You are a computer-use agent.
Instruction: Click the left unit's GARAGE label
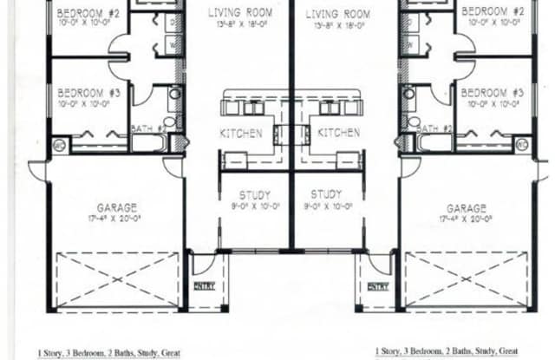coord(117,208)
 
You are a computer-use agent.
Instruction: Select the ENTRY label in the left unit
coord(205,285)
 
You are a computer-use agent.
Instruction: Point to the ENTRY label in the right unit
coord(377,285)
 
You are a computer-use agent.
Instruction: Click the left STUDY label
coord(254,195)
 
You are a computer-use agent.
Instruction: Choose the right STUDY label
coord(327,195)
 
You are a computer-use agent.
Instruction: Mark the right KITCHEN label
coord(338,134)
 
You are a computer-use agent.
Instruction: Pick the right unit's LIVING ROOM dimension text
coord(338,27)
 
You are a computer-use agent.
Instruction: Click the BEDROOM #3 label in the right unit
coord(492,93)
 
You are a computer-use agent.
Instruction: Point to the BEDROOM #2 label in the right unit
coord(492,11)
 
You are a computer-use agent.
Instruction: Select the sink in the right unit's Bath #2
coord(408,95)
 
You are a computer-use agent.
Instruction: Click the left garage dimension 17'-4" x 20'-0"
coord(117,220)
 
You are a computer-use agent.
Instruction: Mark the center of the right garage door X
coord(467,278)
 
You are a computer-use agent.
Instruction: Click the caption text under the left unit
coord(108,353)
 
